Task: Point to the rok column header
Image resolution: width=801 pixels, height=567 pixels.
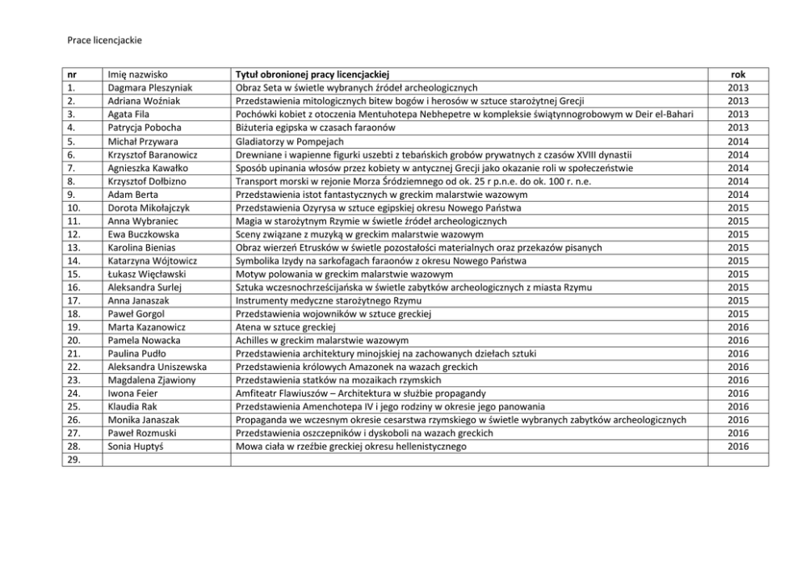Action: (737, 74)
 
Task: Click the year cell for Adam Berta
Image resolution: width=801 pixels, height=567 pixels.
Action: (737, 195)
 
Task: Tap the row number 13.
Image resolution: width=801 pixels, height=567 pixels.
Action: (73, 247)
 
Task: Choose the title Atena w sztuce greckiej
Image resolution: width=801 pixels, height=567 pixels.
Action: (285, 327)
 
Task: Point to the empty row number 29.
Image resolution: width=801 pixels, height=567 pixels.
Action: (73, 460)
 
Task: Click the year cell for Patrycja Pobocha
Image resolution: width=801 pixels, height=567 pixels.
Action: (737, 127)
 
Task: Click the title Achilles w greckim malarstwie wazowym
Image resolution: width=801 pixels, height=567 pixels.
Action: (321, 340)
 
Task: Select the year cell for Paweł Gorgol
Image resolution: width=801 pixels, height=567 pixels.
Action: (737, 313)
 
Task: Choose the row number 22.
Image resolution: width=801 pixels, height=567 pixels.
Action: (73, 367)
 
